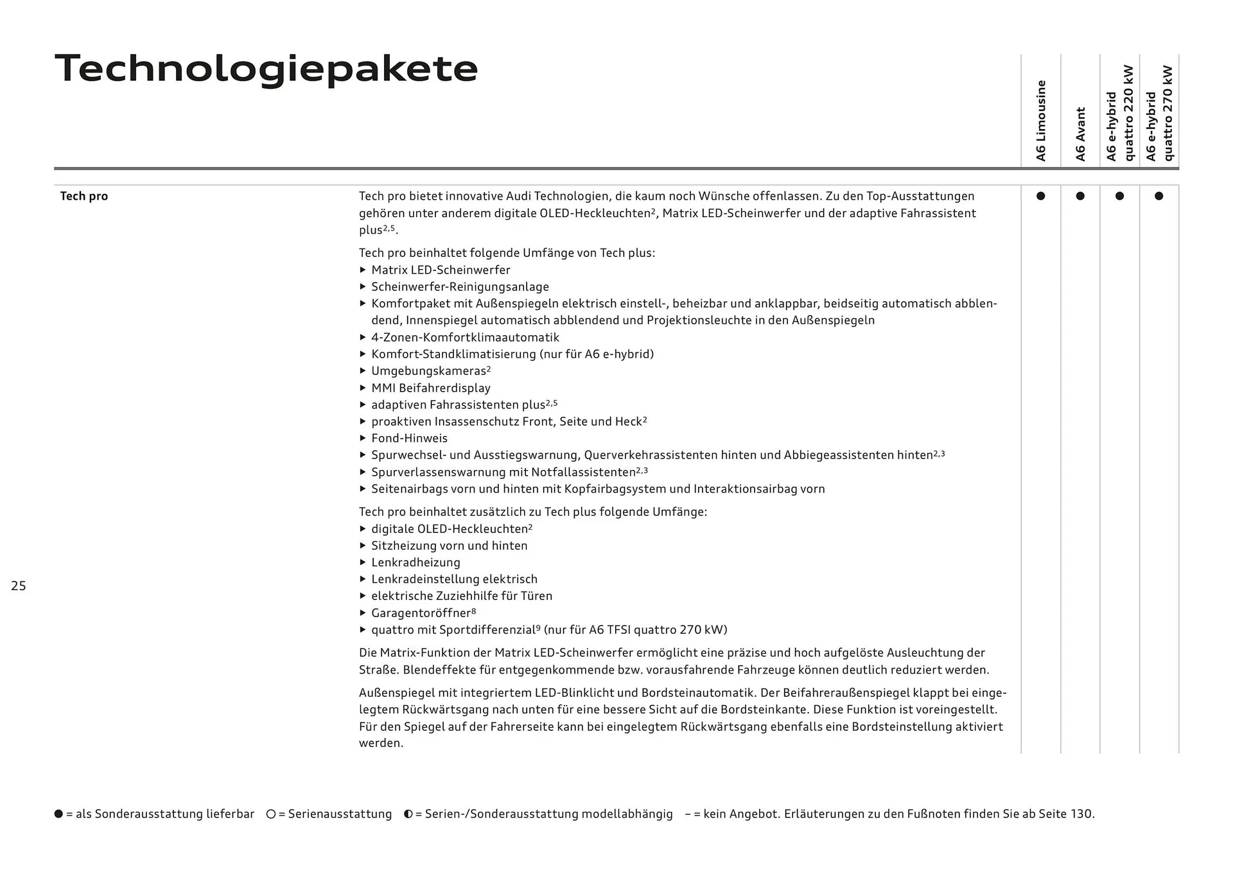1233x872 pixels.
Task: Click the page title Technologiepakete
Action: click(x=266, y=69)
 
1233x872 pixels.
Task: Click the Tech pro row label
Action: click(x=83, y=196)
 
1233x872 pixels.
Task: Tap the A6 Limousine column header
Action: click(x=1041, y=121)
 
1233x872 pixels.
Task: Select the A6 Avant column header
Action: click(x=1080, y=134)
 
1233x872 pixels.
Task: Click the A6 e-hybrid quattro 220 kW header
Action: click(x=1119, y=113)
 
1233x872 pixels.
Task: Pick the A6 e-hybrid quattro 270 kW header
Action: click(x=1159, y=113)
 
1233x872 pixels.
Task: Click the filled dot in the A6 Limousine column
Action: click(x=1040, y=196)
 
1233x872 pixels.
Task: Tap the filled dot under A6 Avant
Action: click(x=1080, y=196)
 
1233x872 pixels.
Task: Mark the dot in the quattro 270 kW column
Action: click(x=1159, y=196)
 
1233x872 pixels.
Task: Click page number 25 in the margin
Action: click(x=19, y=586)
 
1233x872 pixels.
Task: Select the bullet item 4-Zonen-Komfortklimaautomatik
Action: click(x=465, y=338)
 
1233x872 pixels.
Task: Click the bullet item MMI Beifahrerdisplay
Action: click(x=430, y=388)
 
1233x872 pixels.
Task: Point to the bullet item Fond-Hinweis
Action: click(x=409, y=439)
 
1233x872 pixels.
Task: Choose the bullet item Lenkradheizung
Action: click(x=415, y=562)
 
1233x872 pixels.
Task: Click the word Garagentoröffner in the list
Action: click(x=421, y=613)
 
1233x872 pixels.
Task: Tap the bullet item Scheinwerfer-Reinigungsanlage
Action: click(x=460, y=287)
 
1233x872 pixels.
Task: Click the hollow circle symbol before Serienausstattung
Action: click(x=271, y=814)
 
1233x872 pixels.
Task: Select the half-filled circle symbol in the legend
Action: click(x=408, y=814)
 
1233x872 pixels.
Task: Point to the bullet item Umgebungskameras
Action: click(x=428, y=371)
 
